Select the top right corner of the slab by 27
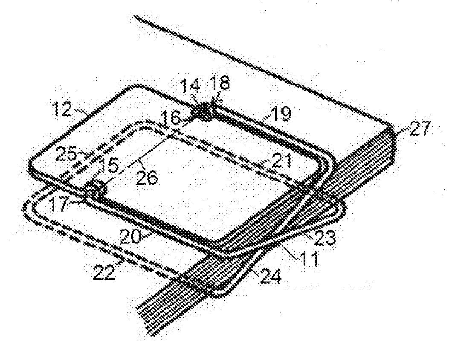(391, 125)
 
